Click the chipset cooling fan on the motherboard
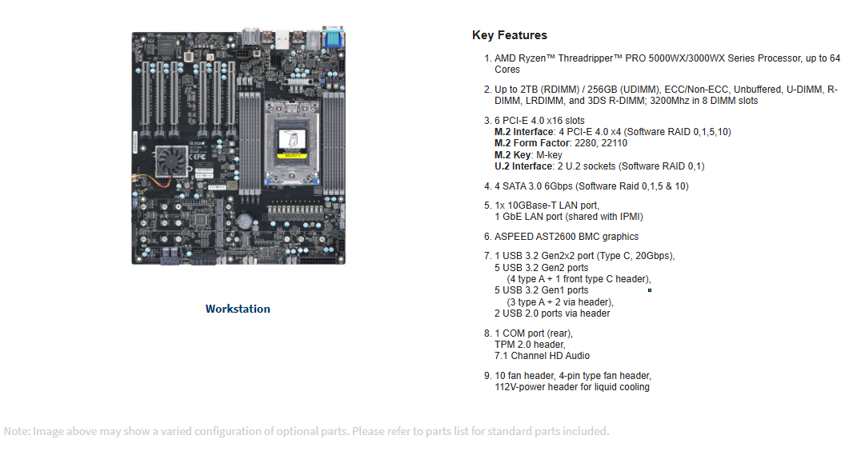click(x=171, y=162)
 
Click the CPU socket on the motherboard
click(x=291, y=142)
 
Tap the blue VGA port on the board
click(x=333, y=38)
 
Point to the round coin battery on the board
click(x=244, y=222)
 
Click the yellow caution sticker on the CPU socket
click(x=292, y=156)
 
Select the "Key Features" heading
click(x=510, y=35)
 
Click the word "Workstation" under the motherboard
click(x=238, y=309)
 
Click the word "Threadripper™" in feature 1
click(x=591, y=58)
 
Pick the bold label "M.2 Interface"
click(x=523, y=132)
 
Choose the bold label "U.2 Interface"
click(x=523, y=166)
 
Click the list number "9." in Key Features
click(x=488, y=376)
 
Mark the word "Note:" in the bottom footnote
click(x=16, y=431)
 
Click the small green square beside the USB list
click(x=649, y=290)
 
